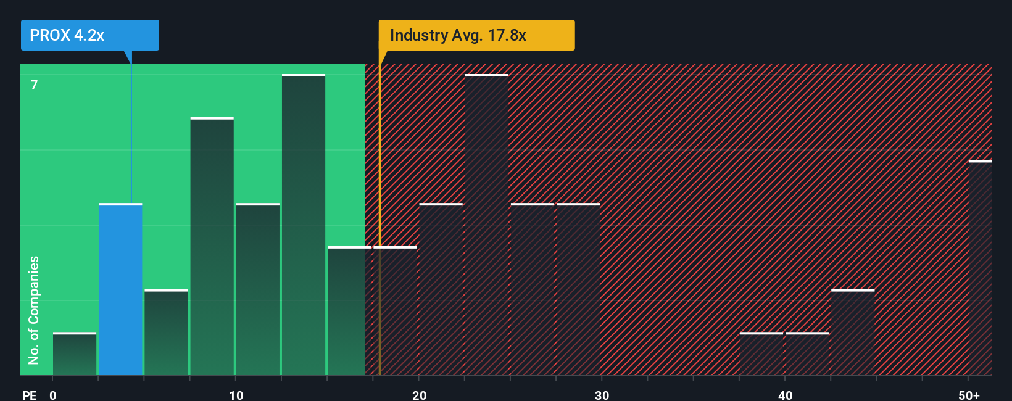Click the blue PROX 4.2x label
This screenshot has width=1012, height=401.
pyautogui.click(x=89, y=35)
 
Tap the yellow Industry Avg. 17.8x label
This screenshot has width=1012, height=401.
pyautogui.click(x=476, y=35)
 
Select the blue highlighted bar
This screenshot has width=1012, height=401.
pyautogui.click(x=120, y=289)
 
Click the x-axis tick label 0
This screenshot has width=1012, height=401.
pyautogui.click(x=53, y=395)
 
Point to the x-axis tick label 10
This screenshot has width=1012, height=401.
pyautogui.click(x=236, y=395)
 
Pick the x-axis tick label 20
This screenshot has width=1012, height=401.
pyautogui.click(x=419, y=395)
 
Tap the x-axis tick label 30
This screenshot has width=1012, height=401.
pyautogui.click(x=602, y=395)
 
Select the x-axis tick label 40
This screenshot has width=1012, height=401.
pyautogui.click(x=785, y=395)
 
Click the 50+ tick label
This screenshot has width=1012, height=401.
pyautogui.click(x=969, y=395)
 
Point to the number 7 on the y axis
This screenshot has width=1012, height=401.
pyautogui.click(x=35, y=85)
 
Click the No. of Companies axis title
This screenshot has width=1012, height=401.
pyautogui.click(x=34, y=310)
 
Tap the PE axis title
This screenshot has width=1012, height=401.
pyautogui.click(x=29, y=395)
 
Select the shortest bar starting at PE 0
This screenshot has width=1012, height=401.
pyautogui.click(x=75, y=354)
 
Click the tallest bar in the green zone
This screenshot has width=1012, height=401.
pyautogui.click(x=304, y=225)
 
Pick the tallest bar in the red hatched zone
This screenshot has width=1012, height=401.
pyautogui.click(x=487, y=225)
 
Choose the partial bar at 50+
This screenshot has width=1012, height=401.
pyautogui.click(x=980, y=268)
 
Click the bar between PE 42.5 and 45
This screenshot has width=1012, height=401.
pyautogui.click(x=853, y=333)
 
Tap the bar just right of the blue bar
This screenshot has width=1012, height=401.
pyautogui.click(x=166, y=333)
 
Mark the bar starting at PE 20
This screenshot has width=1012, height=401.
pyautogui.click(x=441, y=289)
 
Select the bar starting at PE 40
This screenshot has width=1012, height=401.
pyautogui.click(x=807, y=354)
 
